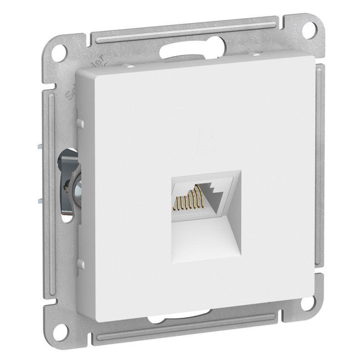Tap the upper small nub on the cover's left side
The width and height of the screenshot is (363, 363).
(81, 123)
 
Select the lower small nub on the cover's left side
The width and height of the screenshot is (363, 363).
(81, 264)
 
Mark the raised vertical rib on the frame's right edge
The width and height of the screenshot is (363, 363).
(321, 181)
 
